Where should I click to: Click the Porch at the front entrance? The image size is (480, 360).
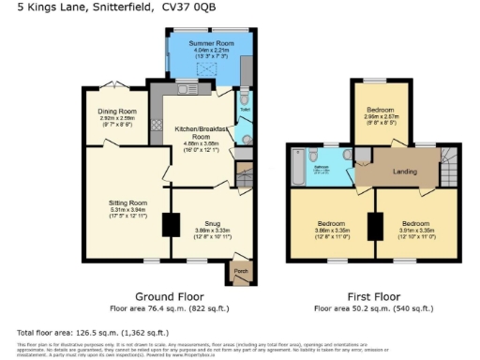pyautogui.click(x=241, y=273)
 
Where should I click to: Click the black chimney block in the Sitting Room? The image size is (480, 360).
pyautogui.click(x=170, y=225)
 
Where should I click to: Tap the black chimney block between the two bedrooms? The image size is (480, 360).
pyautogui.click(x=375, y=224)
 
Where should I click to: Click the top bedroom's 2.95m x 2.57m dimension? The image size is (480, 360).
pyautogui.click(x=380, y=121)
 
